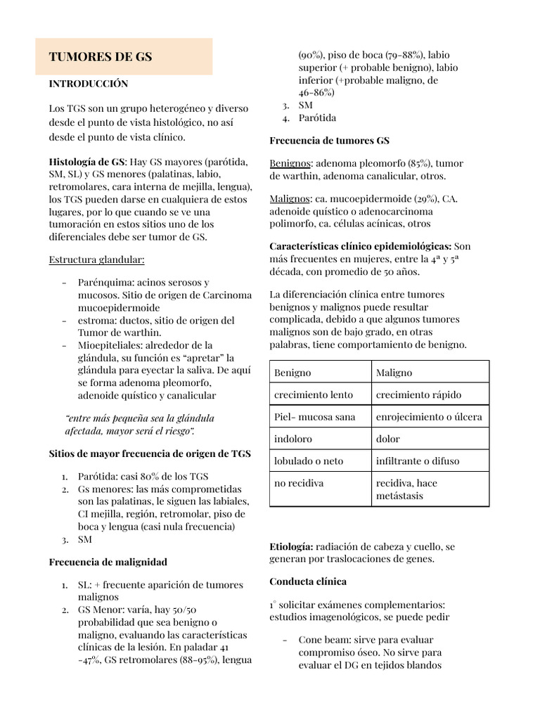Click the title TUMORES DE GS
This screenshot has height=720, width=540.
click(x=100, y=57)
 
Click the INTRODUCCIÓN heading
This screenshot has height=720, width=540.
click(x=88, y=84)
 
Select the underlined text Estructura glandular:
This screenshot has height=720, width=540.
click(x=96, y=259)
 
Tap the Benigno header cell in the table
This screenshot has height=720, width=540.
click(x=292, y=373)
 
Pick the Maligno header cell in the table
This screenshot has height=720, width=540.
click(x=394, y=373)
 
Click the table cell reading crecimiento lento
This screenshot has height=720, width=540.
click(x=314, y=394)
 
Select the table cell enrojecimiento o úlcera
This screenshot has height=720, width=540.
click(x=429, y=417)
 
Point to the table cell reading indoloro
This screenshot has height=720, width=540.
click(x=294, y=439)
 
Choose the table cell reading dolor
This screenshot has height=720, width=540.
click(x=388, y=439)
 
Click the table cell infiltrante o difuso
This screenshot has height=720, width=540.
click(x=418, y=461)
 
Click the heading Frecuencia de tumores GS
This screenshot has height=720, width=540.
click(x=329, y=141)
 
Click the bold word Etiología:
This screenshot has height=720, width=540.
click(x=291, y=546)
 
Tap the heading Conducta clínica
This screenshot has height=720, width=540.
click(x=308, y=581)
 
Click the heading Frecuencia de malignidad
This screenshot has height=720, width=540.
click(x=108, y=562)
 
